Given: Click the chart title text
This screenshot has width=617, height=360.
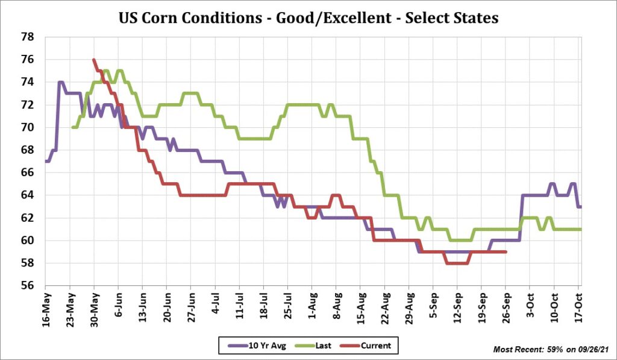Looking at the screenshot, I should click(308, 18).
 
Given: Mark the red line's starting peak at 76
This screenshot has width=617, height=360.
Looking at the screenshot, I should click(94, 60).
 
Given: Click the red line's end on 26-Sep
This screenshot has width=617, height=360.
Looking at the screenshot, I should click(506, 252).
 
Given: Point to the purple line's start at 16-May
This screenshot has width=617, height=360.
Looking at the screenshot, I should click(46, 161).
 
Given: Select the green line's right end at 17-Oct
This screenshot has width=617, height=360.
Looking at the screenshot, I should click(580, 229).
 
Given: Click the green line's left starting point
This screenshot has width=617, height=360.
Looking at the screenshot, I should click(72, 127).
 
